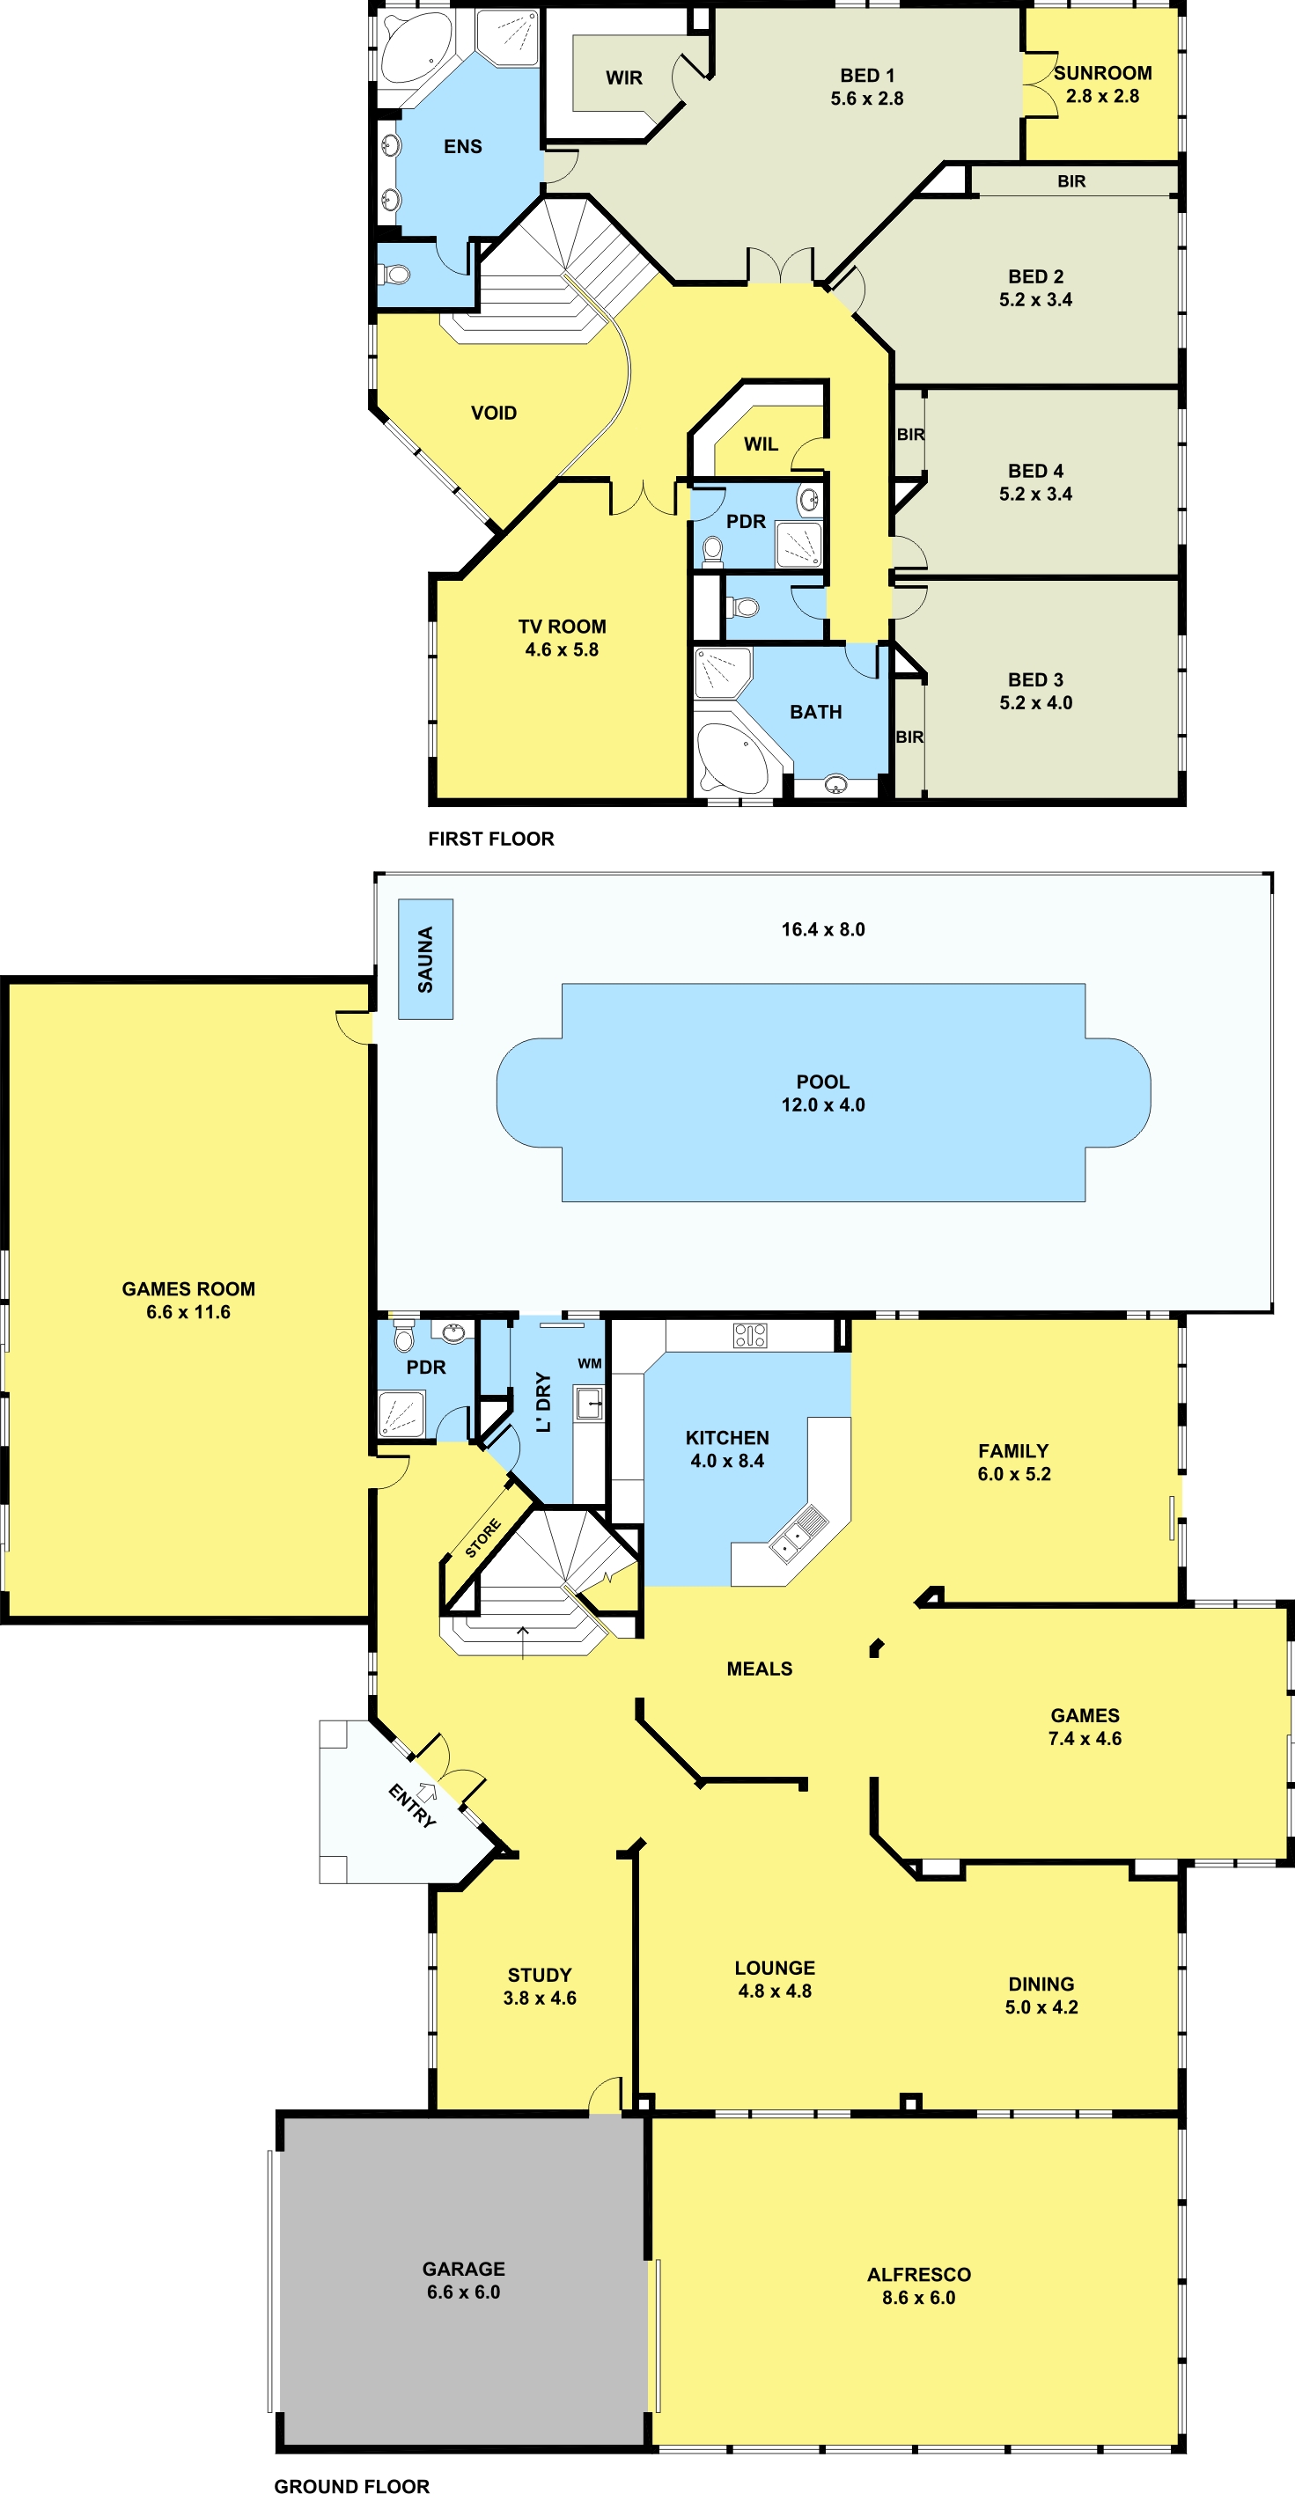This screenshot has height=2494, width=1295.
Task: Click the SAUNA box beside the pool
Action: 425,958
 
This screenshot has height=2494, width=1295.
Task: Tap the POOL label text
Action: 822,1082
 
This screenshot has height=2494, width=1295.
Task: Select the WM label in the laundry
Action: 589,1363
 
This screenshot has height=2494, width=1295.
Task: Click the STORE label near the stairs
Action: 482,1538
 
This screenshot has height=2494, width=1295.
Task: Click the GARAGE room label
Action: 463,2269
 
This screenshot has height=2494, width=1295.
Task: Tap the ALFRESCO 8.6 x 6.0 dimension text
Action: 918,2298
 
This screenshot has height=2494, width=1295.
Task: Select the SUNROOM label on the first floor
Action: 1102,73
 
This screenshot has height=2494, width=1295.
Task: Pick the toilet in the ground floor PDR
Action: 404,1336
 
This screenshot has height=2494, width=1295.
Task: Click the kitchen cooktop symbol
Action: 750,1335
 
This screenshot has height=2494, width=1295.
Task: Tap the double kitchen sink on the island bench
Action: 798,1533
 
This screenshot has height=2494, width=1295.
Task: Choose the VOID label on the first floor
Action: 494,414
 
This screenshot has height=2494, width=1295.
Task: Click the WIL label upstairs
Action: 761,444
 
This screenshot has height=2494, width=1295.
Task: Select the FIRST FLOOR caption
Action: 491,839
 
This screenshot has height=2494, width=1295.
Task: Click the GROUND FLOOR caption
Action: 351,2485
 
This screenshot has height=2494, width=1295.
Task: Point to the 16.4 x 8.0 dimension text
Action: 823,929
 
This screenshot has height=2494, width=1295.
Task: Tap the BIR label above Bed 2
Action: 1071,181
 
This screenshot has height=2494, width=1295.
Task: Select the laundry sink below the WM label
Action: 589,1403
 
